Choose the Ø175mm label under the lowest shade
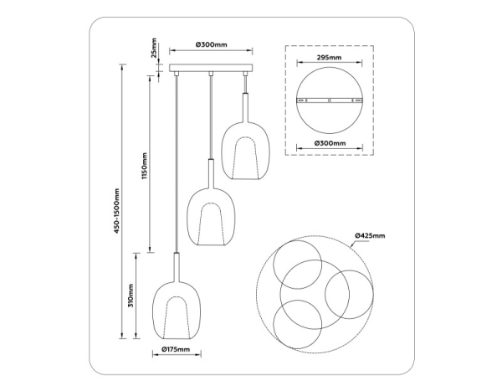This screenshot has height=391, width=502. (x=175, y=350)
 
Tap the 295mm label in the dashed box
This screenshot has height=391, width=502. (x=329, y=59)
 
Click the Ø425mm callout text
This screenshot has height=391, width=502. (x=369, y=237)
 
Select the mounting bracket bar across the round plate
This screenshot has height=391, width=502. (x=329, y=101)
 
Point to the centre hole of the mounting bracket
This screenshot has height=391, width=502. (x=329, y=101)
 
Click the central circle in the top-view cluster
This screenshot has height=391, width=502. (x=305, y=283)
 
